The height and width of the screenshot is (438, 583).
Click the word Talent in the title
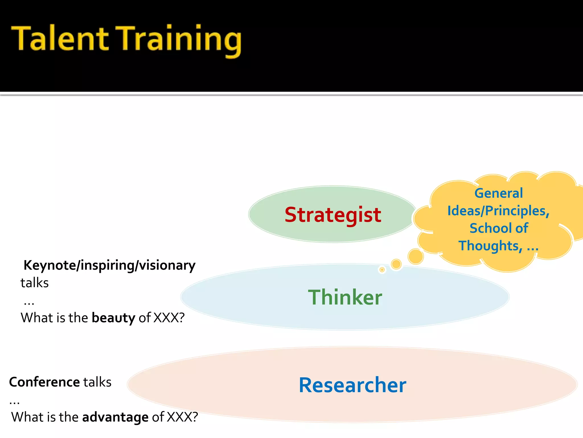click(60, 38)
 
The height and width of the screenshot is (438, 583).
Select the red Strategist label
click(333, 215)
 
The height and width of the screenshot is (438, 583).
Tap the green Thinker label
click(345, 297)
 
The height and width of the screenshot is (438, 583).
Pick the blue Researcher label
click(352, 385)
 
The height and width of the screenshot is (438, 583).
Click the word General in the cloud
click(498, 193)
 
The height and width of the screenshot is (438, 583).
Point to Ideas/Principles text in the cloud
click(498, 211)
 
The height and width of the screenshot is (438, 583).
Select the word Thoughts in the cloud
click(490, 246)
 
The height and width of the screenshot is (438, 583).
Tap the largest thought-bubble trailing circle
click(416, 256)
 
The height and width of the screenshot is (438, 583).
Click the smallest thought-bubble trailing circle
click(382, 269)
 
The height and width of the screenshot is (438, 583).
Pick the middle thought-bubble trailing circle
click(396, 264)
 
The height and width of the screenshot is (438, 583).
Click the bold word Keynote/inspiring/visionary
click(110, 265)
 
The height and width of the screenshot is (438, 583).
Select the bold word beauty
click(113, 318)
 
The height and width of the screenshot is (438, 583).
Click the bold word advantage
click(115, 417)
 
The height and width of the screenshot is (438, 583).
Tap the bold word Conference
click(44, 382)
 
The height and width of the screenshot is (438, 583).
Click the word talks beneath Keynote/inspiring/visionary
click(35, 283)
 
